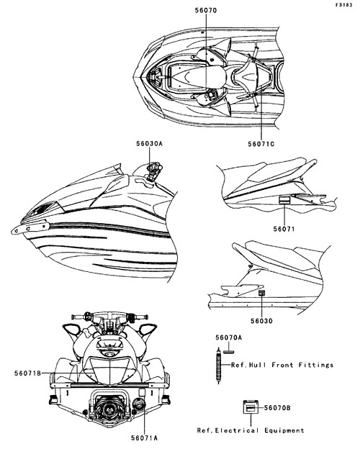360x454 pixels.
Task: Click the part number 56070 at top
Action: [x=205, y=10]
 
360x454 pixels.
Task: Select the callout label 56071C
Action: [x=261, y=144]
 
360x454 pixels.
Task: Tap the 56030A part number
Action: [x=149, y=143]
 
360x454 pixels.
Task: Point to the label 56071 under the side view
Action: [x=284, y=229]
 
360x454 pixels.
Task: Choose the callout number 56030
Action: [x=261, y=321]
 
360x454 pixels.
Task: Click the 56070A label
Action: [x=228, y=337]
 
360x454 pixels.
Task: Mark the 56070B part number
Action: [x=277, y=408]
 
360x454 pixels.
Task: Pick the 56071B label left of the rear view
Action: [x=27, y=373]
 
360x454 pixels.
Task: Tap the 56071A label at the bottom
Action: [x=144, y=438]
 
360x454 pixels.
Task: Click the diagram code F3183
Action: [x=344, y=5]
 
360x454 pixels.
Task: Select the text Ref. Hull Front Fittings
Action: [x=282, y=365]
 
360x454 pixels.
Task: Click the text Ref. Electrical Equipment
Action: [x=251, y=430]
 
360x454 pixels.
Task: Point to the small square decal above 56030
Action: [x=261, y=293]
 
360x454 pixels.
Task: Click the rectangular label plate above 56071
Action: [x=284, y=200]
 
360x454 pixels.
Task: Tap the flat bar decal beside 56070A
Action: [x=229, y=352]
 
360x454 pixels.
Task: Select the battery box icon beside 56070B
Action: [x=250, y=408]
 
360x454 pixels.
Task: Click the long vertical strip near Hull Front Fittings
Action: [x=219, y=366]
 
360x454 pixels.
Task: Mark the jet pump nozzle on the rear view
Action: [x=110, y=408]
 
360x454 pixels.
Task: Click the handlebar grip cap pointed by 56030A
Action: [x=154, y=168]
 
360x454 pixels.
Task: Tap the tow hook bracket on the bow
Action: [x=30, y=227]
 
